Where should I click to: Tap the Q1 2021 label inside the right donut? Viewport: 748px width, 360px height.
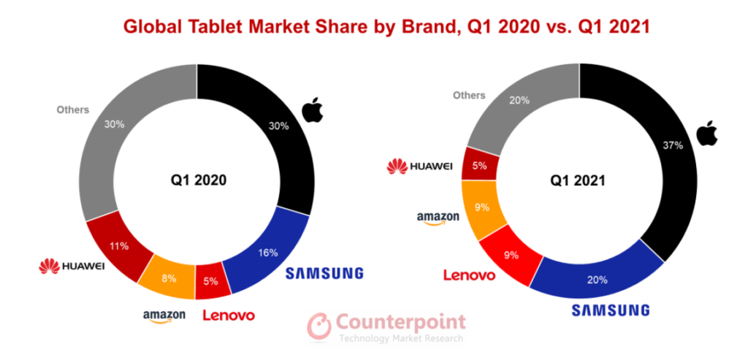pyautogui.click(x=579, y=179)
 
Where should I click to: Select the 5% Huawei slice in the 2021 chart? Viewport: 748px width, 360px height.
pyautogui.click(x=480, y=166)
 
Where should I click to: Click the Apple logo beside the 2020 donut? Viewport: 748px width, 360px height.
pyautogui.click(x=312, y=110)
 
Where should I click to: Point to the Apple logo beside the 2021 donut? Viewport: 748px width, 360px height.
pyautogui.click(x=706, y=133)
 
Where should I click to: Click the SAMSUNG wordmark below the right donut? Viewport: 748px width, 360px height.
pyautogui.click(x=610, y=310)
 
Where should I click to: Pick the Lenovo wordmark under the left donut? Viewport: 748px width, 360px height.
pyautogui.click(x=228, y=315)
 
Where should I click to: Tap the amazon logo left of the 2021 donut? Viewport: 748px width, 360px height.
pyautogui.click(x=438, y=218)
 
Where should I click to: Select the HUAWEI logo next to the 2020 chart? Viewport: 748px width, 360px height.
pyautogui.click(x=72, y=267)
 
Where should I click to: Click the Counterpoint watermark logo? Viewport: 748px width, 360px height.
pyautogui.click(x=386, y=326)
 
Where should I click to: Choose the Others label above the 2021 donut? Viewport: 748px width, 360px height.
pyautogui.click(x=468, y=95)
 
